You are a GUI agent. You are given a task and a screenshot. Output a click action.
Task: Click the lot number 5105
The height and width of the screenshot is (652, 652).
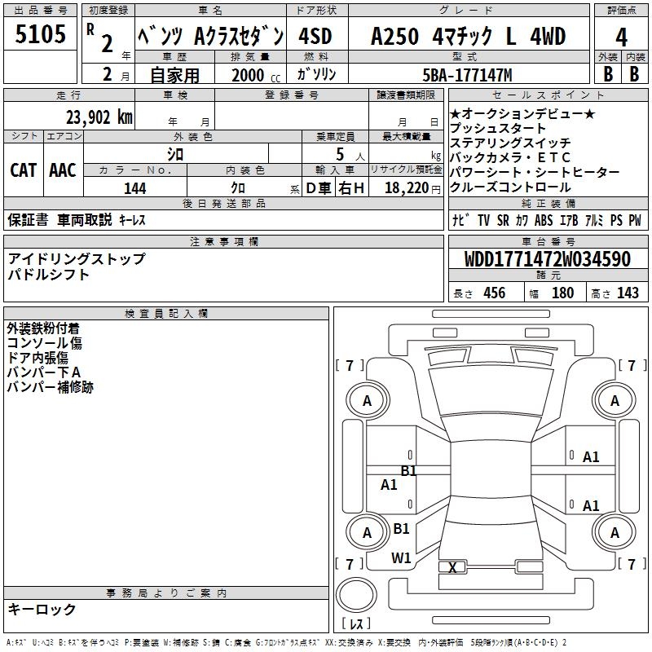(x=41, y=36)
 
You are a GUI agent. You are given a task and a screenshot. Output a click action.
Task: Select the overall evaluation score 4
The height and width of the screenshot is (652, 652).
(x=621, y=37)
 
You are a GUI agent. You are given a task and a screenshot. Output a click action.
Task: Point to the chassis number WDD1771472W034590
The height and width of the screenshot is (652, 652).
(x=548, y=260)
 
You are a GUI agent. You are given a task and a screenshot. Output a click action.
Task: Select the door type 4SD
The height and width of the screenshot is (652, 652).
(x=315, y=37)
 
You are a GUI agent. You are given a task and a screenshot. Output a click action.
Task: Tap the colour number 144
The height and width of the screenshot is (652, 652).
(x=135, y=188)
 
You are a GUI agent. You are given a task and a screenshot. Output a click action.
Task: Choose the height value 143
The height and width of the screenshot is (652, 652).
(x=628, y=293)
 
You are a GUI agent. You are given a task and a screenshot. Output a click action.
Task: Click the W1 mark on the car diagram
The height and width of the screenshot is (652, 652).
(x=401, y=557)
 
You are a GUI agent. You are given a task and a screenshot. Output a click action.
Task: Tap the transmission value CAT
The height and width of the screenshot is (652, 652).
(x=23, y=170)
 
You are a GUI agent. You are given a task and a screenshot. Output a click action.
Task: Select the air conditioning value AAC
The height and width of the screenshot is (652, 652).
(x=63, y=170)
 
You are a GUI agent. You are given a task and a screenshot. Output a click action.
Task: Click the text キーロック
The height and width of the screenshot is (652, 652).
(x=42, y=609)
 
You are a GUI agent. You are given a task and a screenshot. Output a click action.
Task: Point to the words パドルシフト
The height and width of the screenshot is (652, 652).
(x=49, y=275)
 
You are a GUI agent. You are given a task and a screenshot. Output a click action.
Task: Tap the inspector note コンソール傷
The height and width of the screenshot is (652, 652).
(x=44, y=343)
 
